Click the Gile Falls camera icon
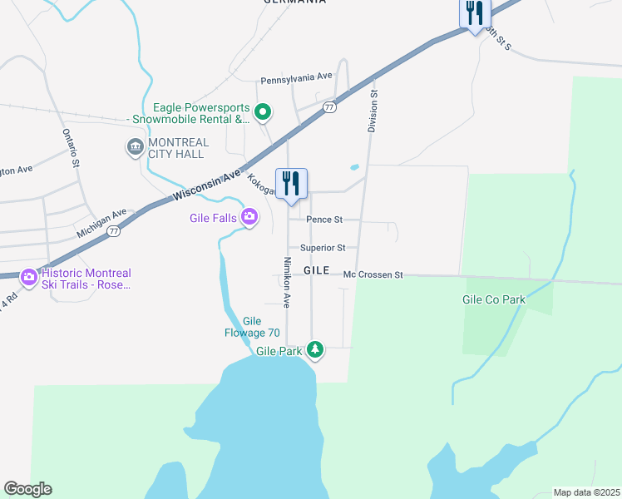[x=249, y=217]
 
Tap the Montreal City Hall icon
[x=135, y=148]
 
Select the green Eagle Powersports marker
[x=263, y=111]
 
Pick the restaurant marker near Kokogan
[x=291, y=183]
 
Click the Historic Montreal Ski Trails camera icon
[x=29, y=276]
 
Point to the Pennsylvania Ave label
[x=296, y=77]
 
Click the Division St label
[x=373, y=111]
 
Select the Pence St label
[x=324, y=220]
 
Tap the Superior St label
[x=323, y=248]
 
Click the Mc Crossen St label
[x=373, y=274]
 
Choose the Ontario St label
[x=71, y=149]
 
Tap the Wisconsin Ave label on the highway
[x=207, y=185]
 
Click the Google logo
[x=27, y=489]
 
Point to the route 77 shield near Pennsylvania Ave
[x=330, y=108]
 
